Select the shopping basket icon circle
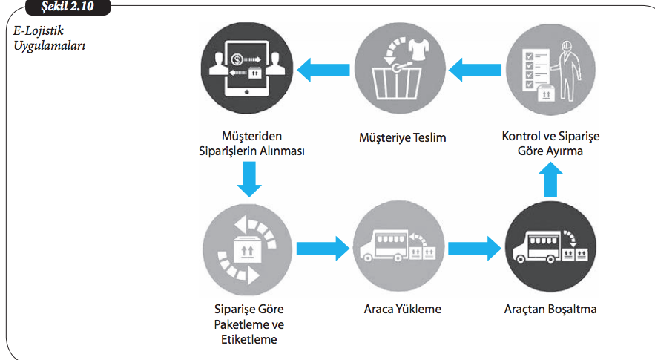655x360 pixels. coord(399,71)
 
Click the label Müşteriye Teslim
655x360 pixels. coord(403,137)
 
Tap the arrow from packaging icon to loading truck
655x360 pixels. coord(322,249)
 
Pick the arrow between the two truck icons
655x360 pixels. coord(473,249)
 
